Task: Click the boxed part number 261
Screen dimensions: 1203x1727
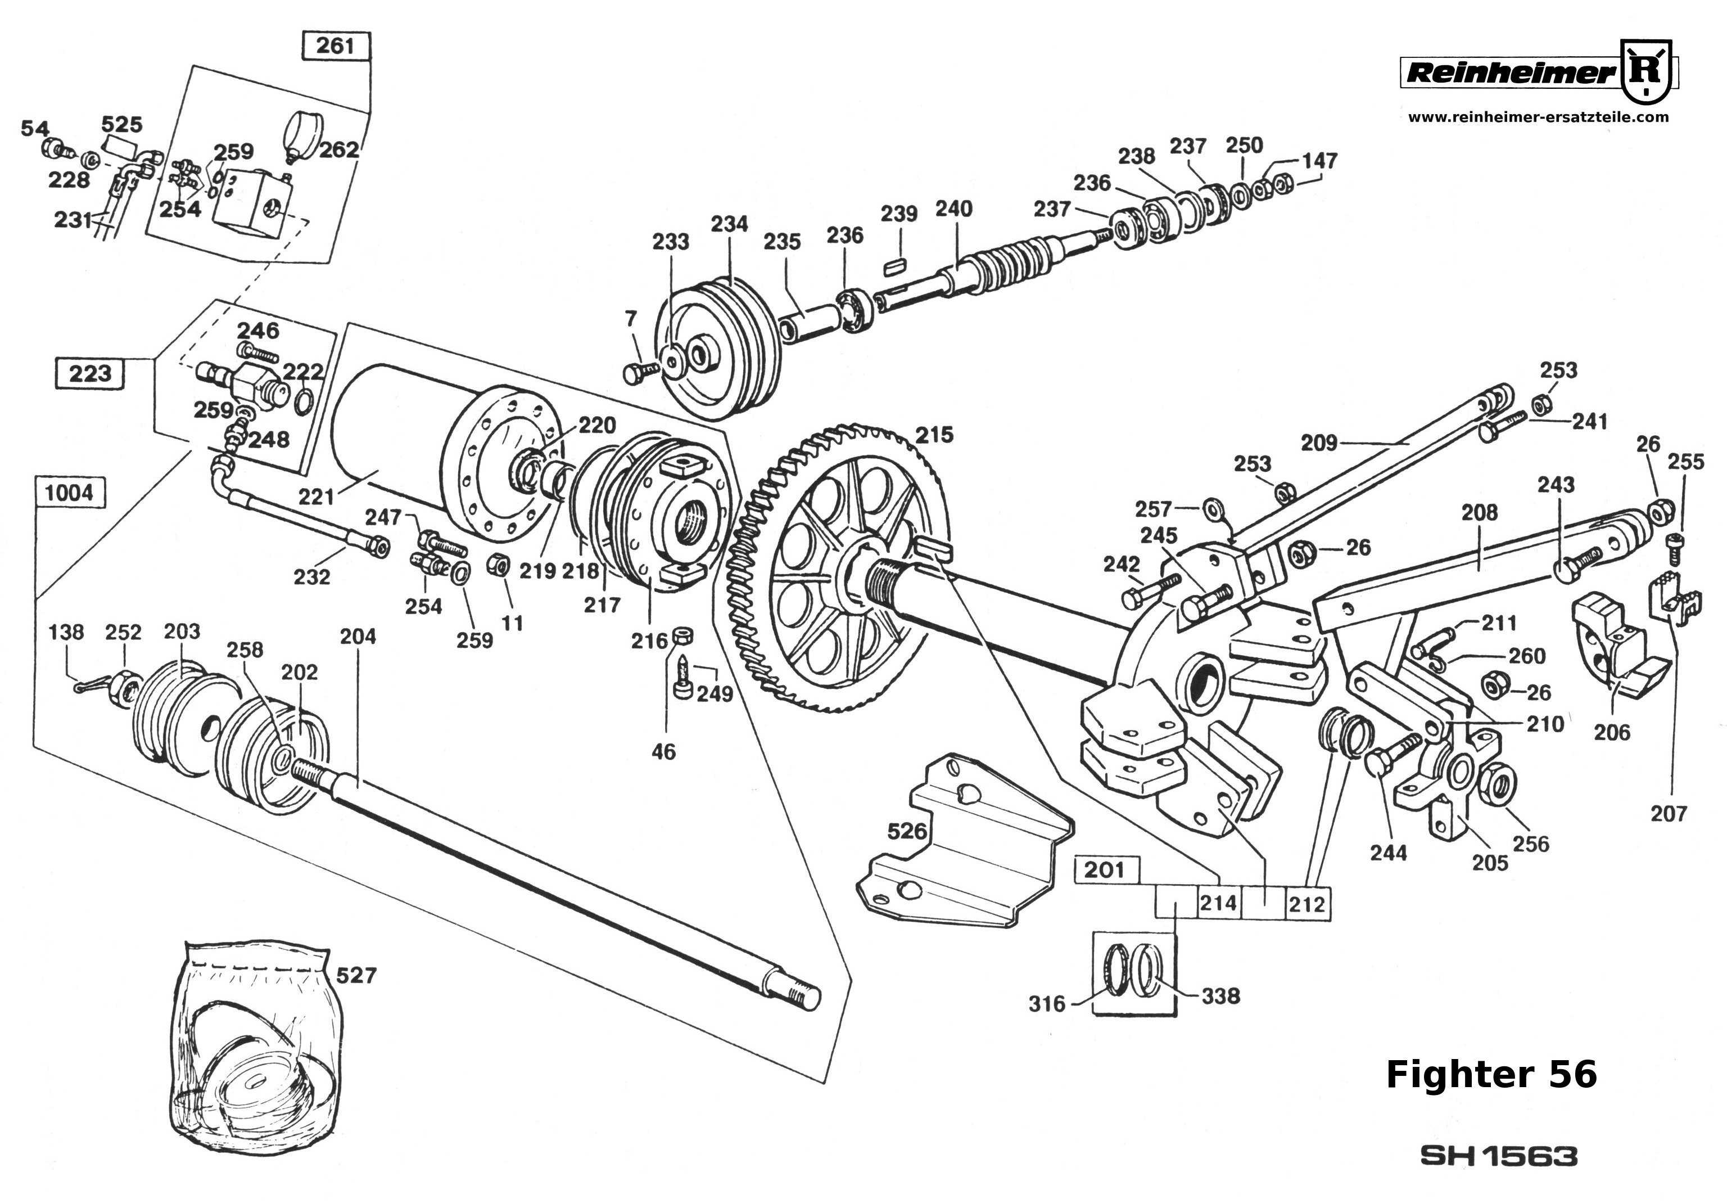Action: tap(336, 46)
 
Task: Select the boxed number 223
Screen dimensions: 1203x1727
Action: tap(91, 373)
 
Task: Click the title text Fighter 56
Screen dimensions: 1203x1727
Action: tap(1491, 1074)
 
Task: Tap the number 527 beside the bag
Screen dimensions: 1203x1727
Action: tap(356, 975)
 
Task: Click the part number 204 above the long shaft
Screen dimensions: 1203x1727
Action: tap(358, 637)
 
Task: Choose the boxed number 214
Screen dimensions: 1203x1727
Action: tap(1218, 902)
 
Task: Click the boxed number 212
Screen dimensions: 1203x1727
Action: tap(1306, 904)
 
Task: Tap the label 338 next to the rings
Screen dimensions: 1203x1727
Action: tap(1220, 996)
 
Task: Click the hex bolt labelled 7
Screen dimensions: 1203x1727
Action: tap(636, 372)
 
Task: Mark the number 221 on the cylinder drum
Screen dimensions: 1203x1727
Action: tap(316, 497)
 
